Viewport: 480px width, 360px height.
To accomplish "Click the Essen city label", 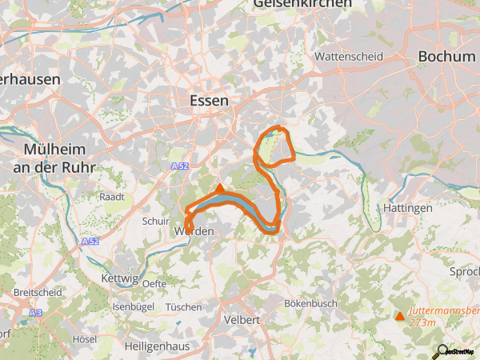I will tap(209, 101).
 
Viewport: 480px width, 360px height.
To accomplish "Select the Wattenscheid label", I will tap(349, 57).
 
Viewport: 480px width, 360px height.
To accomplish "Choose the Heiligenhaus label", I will tap(163, 346).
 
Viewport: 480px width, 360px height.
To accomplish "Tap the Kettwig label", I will tap(121, 278).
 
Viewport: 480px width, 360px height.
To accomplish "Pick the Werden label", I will tap(194, 231).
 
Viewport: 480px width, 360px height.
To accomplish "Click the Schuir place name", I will tap(155, 221).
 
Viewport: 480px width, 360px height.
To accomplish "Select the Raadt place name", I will tap(110, 196).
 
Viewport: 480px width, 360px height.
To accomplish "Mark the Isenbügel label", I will tap(133, 306).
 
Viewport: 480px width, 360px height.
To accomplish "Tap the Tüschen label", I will tap(183, 306).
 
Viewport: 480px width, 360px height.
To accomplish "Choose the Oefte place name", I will tap(154, 284).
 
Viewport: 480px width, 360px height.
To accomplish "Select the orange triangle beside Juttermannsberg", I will tap(400, 316).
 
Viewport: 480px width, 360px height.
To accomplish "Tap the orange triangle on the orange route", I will tap(221, 188).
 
